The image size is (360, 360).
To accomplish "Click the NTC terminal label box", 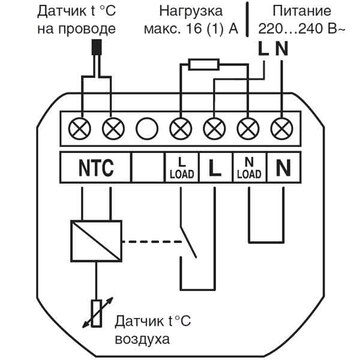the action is coord(95,167).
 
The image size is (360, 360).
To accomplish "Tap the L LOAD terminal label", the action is coord(182,167).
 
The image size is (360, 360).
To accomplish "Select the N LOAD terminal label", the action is coord(250,167).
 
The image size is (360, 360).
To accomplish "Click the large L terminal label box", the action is coord(215,167).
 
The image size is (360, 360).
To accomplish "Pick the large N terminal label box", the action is coord(284,167).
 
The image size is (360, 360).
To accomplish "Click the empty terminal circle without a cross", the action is coord(147,128).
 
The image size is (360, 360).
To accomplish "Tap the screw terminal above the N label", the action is coord(282,128).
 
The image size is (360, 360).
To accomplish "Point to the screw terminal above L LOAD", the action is coord(181,128).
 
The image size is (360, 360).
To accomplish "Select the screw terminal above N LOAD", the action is coord(248,128).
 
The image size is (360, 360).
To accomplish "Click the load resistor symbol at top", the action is coord(203,64).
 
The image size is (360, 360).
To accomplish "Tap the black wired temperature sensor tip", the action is coord(97,47).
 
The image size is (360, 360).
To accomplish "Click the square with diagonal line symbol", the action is coord(96,241).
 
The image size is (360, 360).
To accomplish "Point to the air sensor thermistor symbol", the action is coord(97,313).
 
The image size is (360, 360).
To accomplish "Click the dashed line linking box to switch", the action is coord(152,242).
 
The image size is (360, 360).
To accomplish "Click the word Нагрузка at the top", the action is coord(191,11).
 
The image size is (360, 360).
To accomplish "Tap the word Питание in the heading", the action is coord(302,11).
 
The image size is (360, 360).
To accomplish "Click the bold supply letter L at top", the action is coord(263,49).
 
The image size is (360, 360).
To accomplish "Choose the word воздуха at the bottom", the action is coord(142,340).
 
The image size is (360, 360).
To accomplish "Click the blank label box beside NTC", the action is coord(148,167).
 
